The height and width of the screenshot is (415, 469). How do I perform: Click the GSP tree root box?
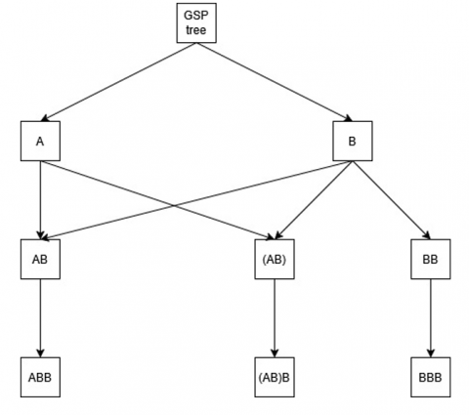pos(196,22)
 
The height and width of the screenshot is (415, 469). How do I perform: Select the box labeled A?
pos(40,141)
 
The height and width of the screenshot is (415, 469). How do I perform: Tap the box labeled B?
pos(353,141)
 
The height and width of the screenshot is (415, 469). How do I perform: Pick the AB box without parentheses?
pos(40,259)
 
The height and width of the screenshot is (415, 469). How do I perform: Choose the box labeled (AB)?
pos(275,259)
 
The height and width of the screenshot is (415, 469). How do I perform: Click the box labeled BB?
pos(431,259)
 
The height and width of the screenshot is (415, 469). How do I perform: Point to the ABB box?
pos(40,377)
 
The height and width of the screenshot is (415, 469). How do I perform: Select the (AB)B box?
pos(275,377)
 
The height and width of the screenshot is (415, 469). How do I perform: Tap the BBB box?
pos(431,377)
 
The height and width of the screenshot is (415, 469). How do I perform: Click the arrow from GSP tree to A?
pos(118,82)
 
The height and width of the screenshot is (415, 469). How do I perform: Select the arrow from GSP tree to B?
pos(275,82)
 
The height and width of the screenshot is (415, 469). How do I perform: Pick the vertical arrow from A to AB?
pos(40,200)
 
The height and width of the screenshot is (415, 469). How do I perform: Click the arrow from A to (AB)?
pos(157,200)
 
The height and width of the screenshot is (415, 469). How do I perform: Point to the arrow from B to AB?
pos(196,200)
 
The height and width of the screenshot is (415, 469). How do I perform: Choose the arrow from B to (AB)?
pos(314,200)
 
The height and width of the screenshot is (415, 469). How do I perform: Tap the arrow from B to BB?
pos(392,200)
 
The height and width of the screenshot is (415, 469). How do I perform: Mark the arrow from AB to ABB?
pos(40,318)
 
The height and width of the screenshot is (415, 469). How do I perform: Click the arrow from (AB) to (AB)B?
pos(275,318)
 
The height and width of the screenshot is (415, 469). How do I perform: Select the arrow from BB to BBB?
pos(431,318)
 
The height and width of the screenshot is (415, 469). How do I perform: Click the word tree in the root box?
pos(196,30)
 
